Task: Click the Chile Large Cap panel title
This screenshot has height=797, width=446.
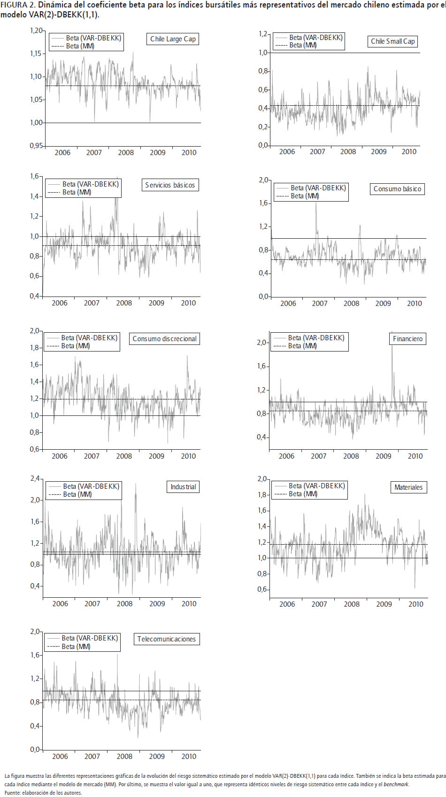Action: point(173,39)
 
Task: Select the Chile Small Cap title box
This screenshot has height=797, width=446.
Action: point(392,41)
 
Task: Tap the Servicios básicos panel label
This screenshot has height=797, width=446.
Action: point(169,185)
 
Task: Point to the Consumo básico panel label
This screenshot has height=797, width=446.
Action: point(397,189)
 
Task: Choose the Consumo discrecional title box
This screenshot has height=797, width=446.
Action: point(164,339)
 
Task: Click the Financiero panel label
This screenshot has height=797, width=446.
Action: point(408,339)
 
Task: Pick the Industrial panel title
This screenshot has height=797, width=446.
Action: point(183,487)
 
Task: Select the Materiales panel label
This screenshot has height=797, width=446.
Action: point(408,487)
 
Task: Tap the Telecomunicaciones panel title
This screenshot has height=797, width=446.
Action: point(166,639)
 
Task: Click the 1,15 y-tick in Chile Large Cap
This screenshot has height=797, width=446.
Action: point(36,54)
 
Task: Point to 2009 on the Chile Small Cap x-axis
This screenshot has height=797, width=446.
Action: point(378,152)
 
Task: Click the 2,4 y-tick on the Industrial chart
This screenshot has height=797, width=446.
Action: point(35,479)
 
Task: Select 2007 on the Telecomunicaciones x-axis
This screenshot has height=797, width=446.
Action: point(92,757)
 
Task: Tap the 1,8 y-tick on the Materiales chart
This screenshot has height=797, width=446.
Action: point(262,495)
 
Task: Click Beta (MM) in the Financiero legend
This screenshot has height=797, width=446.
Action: point(302,346)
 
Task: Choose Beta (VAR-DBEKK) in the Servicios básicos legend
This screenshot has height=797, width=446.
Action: point(91,184)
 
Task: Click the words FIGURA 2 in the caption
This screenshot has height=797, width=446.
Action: point(17,5)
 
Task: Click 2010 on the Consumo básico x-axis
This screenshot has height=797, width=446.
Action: point(414,304)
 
